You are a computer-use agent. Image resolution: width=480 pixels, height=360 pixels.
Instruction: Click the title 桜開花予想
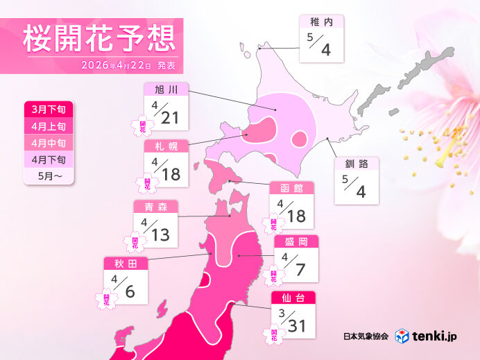[x=98, y=38]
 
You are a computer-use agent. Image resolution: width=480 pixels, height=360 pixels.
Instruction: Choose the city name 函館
[x=291, y=188]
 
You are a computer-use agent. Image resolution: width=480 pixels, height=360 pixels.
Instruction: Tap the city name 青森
[x=155, y=207]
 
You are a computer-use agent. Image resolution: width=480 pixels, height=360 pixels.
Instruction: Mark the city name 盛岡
[x=296, y=242]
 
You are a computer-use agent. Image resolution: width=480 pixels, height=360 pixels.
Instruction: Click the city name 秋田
[x=125, y=264]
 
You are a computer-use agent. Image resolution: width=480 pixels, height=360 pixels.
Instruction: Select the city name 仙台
[x=291, y=298]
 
